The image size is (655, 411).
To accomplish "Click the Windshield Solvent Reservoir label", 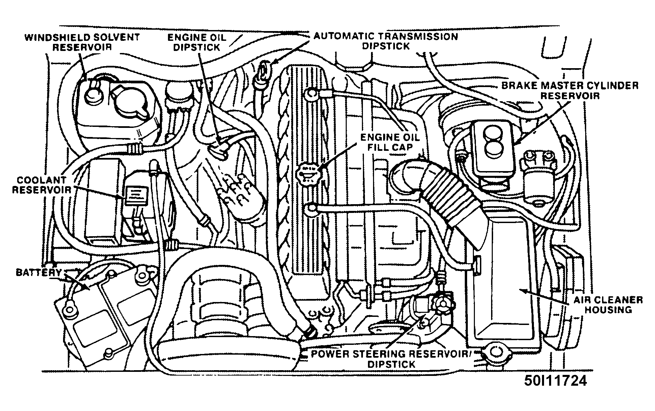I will [x=82, y=42].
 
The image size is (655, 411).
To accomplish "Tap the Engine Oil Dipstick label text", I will [x=197, y=42].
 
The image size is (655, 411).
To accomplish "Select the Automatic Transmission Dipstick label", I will [x=386, y=41].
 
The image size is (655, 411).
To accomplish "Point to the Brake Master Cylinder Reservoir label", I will [x=570, y=90].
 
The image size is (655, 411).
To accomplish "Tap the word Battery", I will [x=39, y=272].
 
